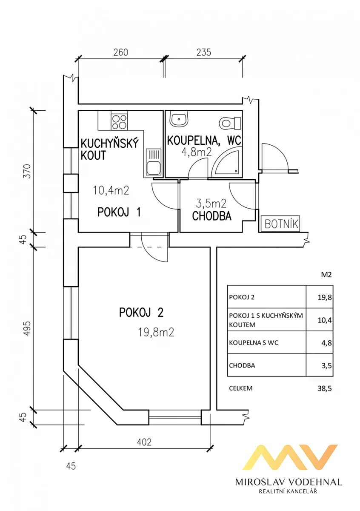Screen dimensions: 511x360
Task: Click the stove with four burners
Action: (119, 121)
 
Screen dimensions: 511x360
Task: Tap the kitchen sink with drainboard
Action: (153, 162)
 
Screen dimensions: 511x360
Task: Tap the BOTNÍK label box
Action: (280, 223)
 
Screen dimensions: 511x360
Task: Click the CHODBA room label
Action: (211, 216)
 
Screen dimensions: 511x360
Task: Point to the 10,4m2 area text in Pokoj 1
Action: (111, 190)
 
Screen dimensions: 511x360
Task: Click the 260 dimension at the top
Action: (120, 52)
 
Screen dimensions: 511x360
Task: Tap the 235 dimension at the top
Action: (203, 52)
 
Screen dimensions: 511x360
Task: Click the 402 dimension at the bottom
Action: (144, 442)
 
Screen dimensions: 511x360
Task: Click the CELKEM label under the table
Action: (240, 388)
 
